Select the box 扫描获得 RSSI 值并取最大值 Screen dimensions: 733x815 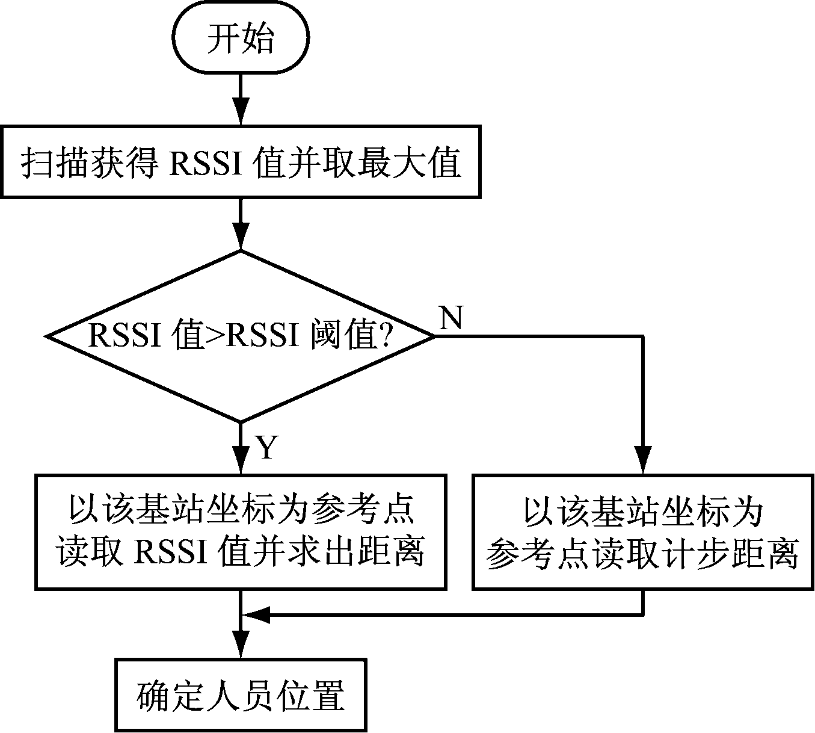click(241, 161)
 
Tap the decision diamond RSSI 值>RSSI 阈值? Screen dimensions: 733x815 click(241, 336)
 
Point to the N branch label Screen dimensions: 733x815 click(451, 318)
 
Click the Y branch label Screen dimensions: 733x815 click(266, 447)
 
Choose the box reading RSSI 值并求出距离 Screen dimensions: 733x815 click(241, 531)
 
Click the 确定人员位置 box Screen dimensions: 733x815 click(241, 696)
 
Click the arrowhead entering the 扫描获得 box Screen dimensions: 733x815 click(241, 114)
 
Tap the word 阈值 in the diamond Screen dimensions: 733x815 click(340, 336)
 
